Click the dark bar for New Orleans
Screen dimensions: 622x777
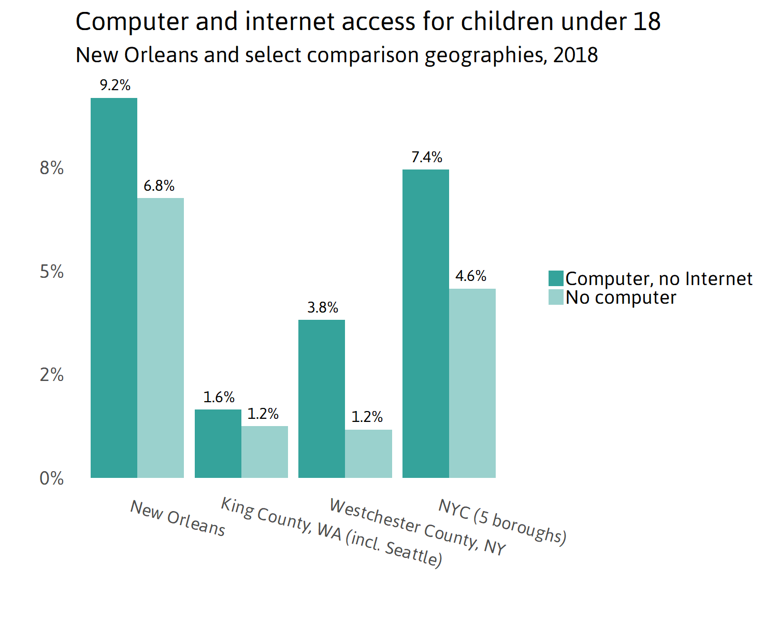(x=114, y=288)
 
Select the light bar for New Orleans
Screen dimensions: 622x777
(x=161, y=337)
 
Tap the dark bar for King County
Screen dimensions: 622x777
(x=218, y=443)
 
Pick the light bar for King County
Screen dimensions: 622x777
(x=265, y=451)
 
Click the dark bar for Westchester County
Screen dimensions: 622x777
(x=322, y=399)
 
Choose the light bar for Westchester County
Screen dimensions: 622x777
(x=369, y=454)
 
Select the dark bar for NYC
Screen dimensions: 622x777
(x=426, y=323)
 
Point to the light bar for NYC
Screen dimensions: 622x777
(x=472, y=383)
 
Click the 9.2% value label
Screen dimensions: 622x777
(x=115, y=85)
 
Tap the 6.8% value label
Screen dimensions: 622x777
(x=159, y=186)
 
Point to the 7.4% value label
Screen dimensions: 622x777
(x=427, y=157)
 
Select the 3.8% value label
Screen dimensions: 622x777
(x=323, y=307)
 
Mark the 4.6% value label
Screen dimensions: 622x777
(x=471, y=276)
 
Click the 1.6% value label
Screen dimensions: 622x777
(x=219, y=397)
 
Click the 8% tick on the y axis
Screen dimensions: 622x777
(x=51, y=168)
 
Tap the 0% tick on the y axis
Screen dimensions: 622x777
(x=51, y=478)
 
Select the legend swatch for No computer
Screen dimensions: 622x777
(x=556, y=298)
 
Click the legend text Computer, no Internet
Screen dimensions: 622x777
(x=658, y=279)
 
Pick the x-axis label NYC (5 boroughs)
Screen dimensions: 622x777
(x=502, y=521)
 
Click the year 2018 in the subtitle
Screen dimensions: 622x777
(x=575, y=55)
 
